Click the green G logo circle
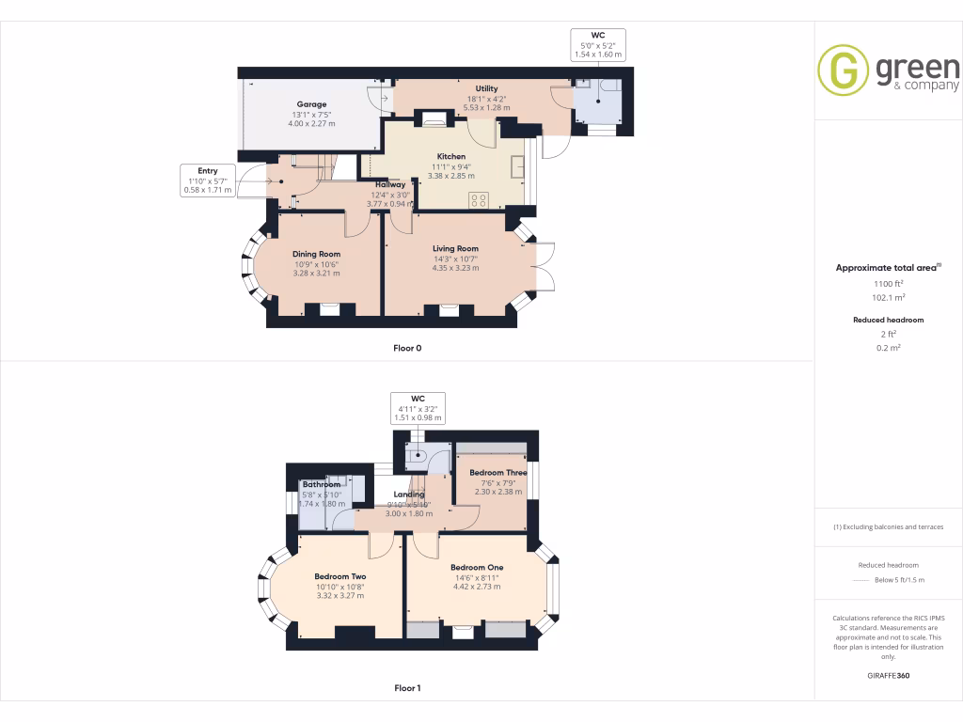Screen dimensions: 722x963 tap(843, 71)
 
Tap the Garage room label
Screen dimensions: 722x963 tap(311, 104)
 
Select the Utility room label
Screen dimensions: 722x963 tap(486, 88)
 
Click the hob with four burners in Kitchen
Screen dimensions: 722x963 tap(478, 198)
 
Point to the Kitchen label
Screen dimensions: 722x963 tap(451, 156)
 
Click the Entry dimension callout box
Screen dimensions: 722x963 tap(207, 180)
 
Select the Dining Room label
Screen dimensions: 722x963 tap(316, 254)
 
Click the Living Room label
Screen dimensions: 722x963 tap(455, 248)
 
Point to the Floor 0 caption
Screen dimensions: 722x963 tap(407, 348)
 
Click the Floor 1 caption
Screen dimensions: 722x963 tap(407, 688)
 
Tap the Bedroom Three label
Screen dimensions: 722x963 tap(497, 472)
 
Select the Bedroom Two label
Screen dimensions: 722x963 tap(339, 576)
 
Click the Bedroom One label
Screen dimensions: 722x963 tap(476, 567)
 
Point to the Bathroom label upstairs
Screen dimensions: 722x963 tap(321, 484)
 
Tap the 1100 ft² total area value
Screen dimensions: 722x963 tap(888, 283)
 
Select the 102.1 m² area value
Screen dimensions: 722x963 tap(888, 297)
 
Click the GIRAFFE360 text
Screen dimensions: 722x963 tap(888, 675)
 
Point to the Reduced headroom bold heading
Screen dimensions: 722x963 tap(888, 320)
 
